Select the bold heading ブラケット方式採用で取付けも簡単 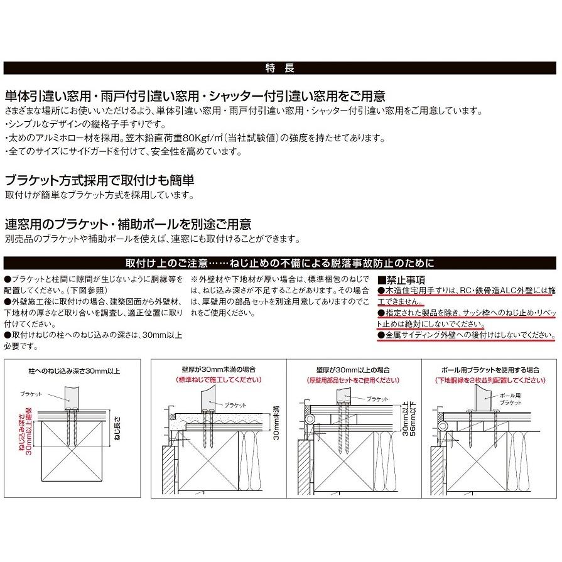coord(99,180)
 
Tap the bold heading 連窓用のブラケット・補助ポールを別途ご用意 coord(127,224)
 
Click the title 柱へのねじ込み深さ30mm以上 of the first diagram coord(74,370)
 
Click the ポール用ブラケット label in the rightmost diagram coord(511,400)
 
